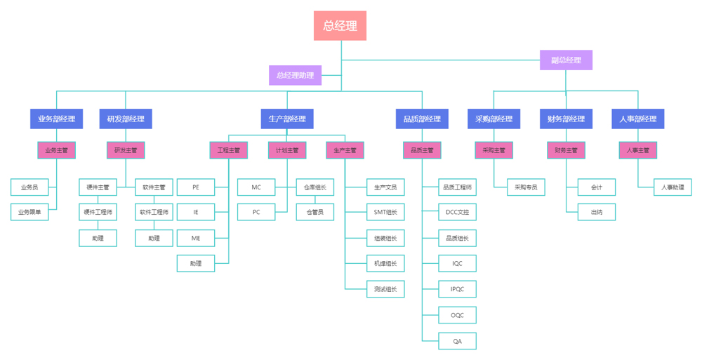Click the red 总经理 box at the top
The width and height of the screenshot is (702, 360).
pos(340,26)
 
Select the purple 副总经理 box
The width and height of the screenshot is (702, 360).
pos(566,60)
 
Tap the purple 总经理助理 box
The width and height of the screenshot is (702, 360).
pos(295,75)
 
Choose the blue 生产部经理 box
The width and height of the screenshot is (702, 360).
pos(287,119)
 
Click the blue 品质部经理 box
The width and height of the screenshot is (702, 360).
pos(422,119)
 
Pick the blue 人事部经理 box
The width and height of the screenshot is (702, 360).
pos(637,119)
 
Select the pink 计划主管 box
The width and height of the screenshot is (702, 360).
pos(287,150)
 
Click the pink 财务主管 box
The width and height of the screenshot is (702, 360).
pos(566,150)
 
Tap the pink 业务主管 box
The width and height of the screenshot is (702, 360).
pos(56,150)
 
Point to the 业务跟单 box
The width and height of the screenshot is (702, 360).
pos(29,212)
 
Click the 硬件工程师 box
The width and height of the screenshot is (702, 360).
pos(98,212)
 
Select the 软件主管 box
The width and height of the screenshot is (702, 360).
pos(154,187)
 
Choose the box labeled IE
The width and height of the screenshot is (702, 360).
pos(196,212)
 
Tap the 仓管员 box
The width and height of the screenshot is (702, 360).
pos(314,212)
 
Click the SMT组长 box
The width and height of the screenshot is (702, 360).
pos(385,212)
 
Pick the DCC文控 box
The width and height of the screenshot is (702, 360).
pos(457,212)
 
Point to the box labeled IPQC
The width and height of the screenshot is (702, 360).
pos(457,288)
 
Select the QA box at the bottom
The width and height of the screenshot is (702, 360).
pos(457,341)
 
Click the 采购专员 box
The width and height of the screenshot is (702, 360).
pos(526,187)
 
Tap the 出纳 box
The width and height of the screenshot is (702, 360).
pos(596,212)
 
